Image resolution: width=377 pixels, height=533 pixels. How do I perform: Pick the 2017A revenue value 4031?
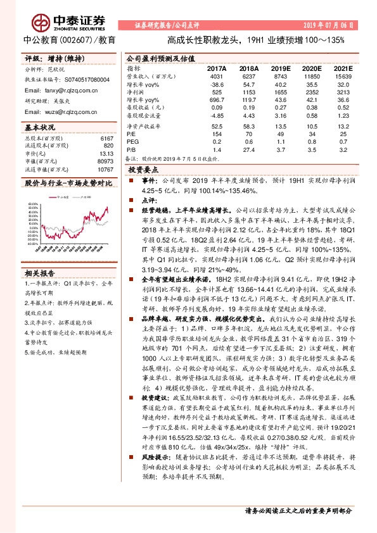pyautogui.click(x=217, y=75)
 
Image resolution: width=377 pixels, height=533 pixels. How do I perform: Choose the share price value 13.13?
pyautogui.click(x=106, y=153)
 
